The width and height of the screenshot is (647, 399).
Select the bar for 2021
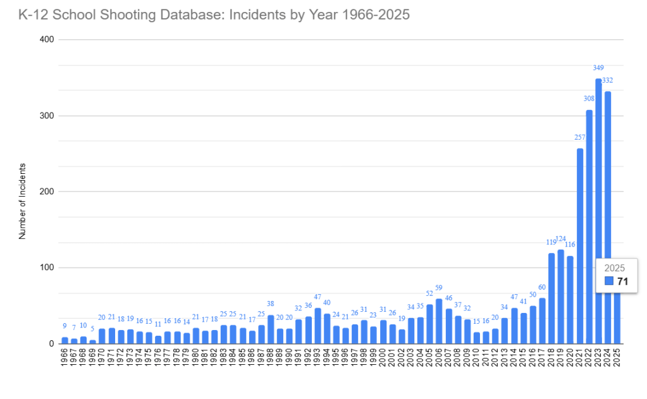tap(580, 246)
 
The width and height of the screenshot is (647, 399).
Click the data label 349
tap(598, 68)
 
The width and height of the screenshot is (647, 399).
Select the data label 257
tap(580, 137)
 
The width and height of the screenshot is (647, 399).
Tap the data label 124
tap(560, 239)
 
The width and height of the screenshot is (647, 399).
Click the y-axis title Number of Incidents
tap(22, 201)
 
